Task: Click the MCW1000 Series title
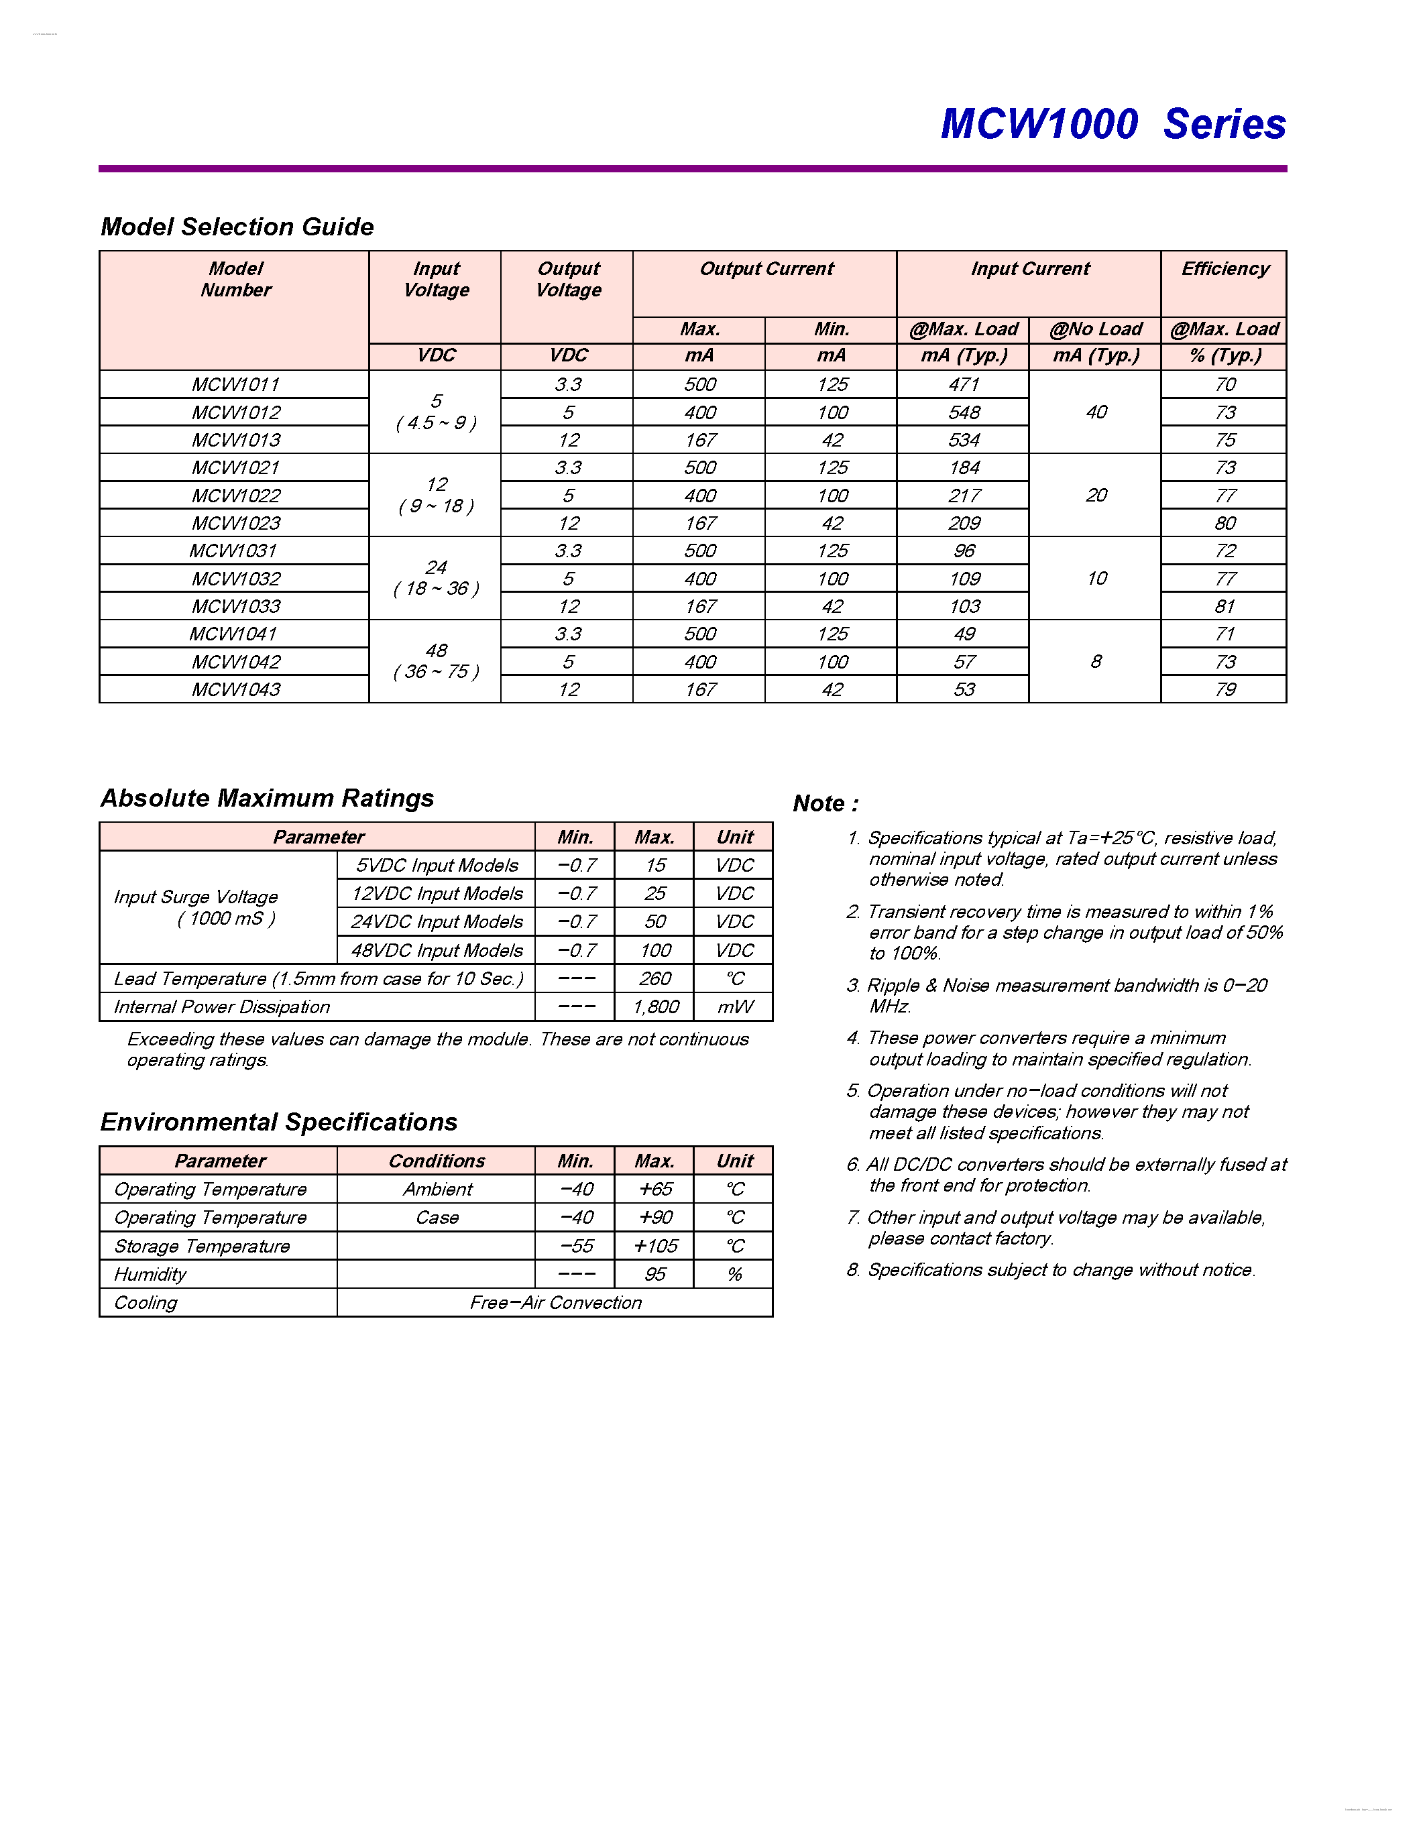point(1113,124)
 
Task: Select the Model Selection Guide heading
point(237,227)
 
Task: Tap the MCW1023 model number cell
point(235,524)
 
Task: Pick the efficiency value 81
point(1224,606)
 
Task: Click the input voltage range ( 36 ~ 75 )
point(436,672)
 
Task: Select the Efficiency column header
point(1224,270)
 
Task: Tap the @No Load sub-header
point(1095,329)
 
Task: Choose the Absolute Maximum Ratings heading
point(267,798)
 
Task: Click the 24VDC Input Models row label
point(437,922)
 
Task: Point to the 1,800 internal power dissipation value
point(655,1007)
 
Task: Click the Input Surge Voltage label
point(196,897)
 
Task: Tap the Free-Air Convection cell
point(555,1303)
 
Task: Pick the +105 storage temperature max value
point(655,1247)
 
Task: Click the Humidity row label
point(150,1275)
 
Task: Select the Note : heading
point(825,804)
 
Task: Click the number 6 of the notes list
point(852,1165)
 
